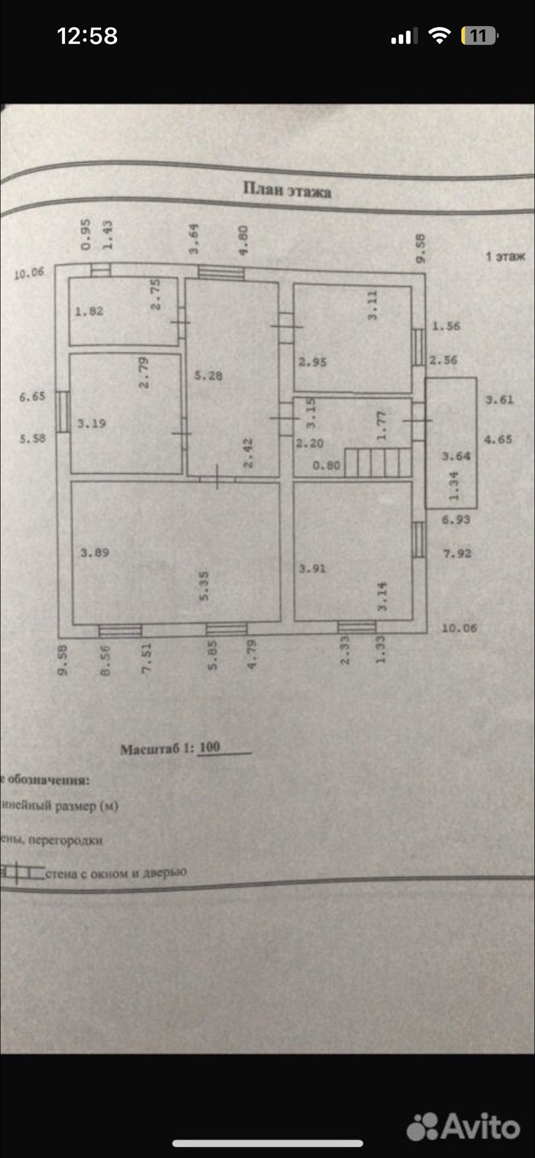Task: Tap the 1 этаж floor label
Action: [505, 256]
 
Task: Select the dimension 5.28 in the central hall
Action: [208, 375]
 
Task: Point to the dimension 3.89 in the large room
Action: [94, 552]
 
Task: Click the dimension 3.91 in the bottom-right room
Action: [312, 568]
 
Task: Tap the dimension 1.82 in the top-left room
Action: [89, 311]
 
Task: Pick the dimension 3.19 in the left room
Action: [92, 423]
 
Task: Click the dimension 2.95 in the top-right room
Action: [312, 362]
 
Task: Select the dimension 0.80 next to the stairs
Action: [326, 466]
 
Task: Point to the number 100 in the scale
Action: [210, 747]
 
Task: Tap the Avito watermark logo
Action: [464, 1126]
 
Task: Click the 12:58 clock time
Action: [87, 36]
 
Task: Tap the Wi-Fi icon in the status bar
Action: [439, 36]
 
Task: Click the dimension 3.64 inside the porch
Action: [456, 456]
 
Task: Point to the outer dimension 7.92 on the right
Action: [457, 554]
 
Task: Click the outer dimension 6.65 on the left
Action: [32, 396]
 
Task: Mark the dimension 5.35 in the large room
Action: [204, 586]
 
